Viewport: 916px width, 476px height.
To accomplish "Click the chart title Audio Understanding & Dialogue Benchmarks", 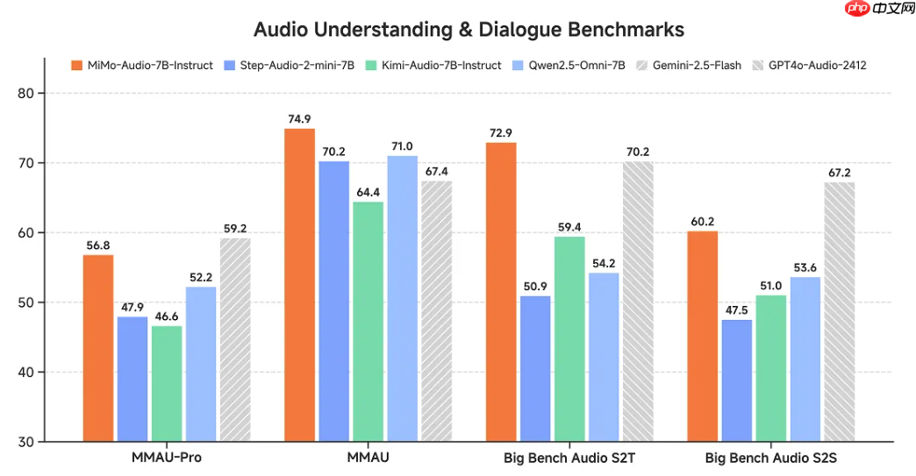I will pos(469,29).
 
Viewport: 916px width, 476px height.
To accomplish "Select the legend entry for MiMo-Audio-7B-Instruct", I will pos(150,65).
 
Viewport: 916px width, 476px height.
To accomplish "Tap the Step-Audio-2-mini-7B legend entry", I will pos(290,65).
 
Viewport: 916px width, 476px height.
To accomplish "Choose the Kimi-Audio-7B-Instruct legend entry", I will pos(435,65).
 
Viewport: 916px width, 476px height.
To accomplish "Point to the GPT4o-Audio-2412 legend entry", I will pos(817,65).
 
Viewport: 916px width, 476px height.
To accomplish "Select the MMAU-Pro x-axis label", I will pos(166,458).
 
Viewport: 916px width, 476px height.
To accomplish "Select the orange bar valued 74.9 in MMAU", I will pos(299,285).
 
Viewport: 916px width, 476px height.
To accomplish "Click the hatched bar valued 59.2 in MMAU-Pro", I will pos(235,339).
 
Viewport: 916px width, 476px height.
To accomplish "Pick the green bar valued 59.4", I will pos(569,338).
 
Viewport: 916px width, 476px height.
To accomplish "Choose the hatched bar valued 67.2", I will pos(840,311).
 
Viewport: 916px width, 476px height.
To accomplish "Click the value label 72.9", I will pos(501,132).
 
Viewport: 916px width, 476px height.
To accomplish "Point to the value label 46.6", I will pos(167,316).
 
